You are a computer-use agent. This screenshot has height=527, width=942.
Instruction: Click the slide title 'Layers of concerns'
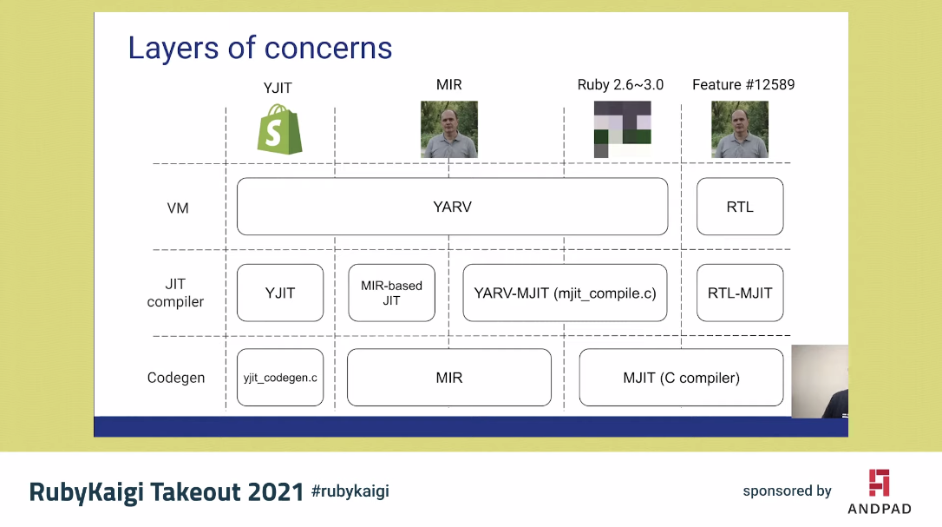tap(259, 48)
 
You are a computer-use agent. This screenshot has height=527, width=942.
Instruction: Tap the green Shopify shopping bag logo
tap(279, 129)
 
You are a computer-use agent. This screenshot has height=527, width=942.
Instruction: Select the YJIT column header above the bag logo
tap(278, 87)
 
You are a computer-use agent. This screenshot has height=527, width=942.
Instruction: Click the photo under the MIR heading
tap(448, 129)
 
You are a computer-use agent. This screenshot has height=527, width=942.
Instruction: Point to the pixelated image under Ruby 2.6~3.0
tap(622, 129)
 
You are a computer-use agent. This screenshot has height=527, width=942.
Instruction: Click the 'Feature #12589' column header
tap(742, 85)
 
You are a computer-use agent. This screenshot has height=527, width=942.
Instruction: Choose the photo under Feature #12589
tap(739, 129)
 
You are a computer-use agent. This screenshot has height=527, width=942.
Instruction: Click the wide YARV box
tap(452, 207)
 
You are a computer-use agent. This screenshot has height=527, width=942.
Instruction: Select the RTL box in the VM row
tap(739, 207)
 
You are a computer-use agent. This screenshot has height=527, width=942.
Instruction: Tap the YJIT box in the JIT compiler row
tap(279, 293)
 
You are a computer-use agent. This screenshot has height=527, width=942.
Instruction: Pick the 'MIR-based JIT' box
tap(391, 293)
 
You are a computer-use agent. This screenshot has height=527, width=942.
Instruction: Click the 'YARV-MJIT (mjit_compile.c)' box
tap(565, 293)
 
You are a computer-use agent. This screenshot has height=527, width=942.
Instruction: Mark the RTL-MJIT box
tap(739, 293)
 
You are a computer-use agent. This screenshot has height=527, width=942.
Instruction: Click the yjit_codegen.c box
tap(279, 378)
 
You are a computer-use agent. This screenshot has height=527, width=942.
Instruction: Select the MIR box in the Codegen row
tap(448, 378)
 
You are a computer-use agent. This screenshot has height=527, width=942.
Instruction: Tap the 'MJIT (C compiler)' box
tap(681, 378)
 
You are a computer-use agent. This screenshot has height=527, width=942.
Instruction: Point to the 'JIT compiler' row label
tap(176, 293)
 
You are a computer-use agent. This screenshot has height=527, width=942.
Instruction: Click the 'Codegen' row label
tap(176, 379)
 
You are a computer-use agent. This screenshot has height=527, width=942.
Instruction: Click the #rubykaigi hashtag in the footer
tap(350, 491)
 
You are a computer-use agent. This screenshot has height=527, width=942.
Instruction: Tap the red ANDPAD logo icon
tap(879, 483)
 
